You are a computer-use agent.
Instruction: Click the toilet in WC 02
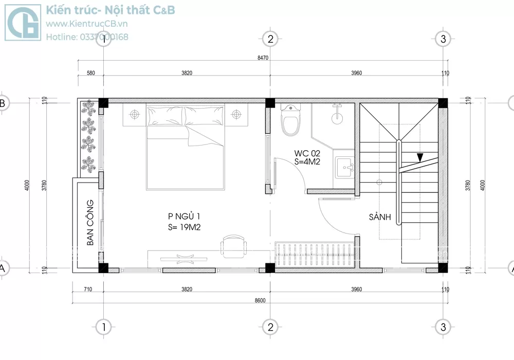[x=290, y=119]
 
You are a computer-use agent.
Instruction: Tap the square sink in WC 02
[x=344, y=168]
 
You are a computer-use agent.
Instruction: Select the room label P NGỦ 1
[x=184, y=217]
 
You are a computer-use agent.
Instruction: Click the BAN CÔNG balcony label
[x=90, y=222]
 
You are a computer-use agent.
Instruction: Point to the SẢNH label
[x=380, y=217]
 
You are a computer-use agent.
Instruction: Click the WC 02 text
[x=307, y=153]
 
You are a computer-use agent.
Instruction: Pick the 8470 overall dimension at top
[x=263, y=58]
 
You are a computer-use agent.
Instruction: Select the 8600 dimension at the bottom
[x=260, y=300]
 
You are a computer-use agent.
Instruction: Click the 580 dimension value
[x=91, y=73]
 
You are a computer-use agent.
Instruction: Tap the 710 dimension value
[x=88, y=289]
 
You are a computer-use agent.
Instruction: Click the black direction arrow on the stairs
[x=420, y=158]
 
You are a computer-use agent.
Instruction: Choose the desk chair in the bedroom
[x=233, y=246]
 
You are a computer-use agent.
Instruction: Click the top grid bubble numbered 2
[x=270, y=39]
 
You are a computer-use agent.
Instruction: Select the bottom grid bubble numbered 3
[x=443, y=327]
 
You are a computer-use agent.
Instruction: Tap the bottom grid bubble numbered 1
[x=104, y=327]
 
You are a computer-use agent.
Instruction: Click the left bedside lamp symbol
[x=134, y=114]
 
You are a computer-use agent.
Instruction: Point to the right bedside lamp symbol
[x=236, y=114]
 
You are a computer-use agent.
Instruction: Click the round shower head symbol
[x=337, y=118]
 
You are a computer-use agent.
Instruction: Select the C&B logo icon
[x=23, y=22]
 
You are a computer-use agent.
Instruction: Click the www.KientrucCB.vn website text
[x=86, y=24]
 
